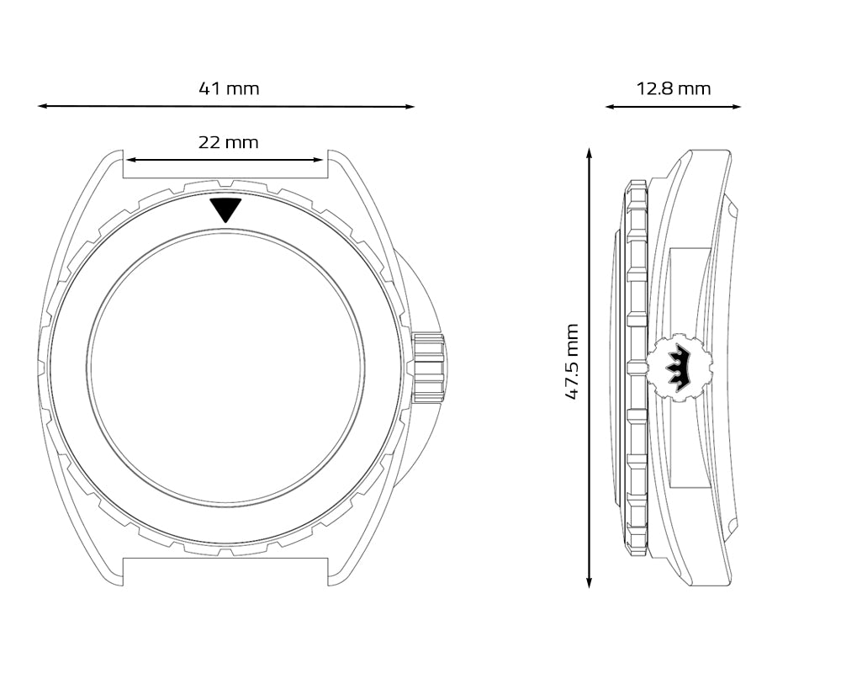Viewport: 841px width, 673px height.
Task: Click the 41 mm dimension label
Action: click(x=229, y=88)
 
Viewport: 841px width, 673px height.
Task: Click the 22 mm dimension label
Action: click(x=228, y=142)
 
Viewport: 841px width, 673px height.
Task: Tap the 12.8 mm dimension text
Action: click(x=673, y=88)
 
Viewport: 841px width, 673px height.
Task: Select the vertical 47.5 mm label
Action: click(x=572, y=361)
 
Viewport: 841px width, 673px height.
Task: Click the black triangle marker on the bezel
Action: click(x=225, y=209)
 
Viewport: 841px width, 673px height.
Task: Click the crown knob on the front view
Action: click(x=428, y=368)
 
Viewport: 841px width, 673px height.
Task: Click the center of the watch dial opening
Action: click(x=225, y=371)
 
